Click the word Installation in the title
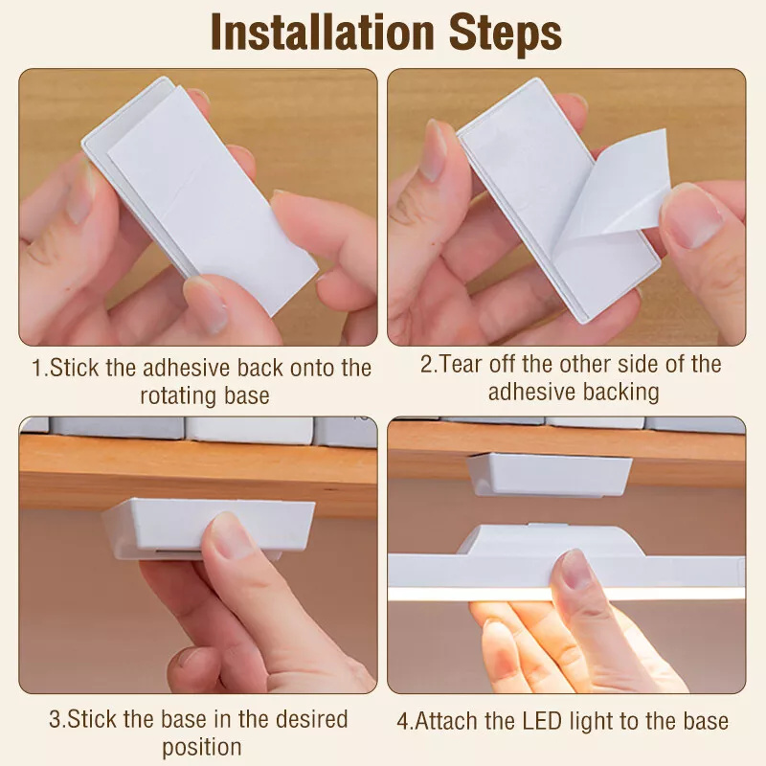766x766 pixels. coord(323,33)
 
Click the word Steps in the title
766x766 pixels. coord(506,34)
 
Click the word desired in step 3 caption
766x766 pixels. coord(311,719)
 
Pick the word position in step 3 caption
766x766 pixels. coord(202,748)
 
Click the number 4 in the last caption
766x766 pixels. coord(402,722)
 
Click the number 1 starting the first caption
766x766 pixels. coord(37,368)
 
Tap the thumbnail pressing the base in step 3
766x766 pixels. coord(232,537)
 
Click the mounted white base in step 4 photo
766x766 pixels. coord(549,475)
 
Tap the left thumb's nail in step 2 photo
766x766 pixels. coord(432,151)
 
